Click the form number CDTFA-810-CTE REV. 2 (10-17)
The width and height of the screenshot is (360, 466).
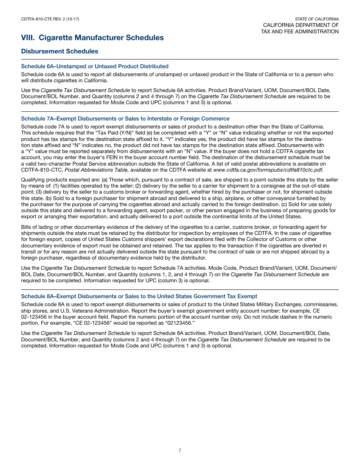[50, 19]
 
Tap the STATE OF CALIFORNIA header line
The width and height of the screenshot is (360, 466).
[317, 19]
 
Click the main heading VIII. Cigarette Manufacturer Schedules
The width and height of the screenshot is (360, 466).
[92, 38]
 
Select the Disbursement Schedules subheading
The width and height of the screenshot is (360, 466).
[59, 51]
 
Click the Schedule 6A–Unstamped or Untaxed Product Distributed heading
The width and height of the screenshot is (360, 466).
[95, 66]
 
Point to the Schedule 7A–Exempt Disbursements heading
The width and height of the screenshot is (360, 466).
[125, 119]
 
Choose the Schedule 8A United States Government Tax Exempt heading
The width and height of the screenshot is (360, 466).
[139, 296]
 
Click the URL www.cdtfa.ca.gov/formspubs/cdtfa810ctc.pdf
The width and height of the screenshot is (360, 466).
[268, 169]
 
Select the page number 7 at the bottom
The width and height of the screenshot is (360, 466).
[180, 450]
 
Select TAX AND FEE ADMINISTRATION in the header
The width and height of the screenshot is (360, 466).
[300, 31]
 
